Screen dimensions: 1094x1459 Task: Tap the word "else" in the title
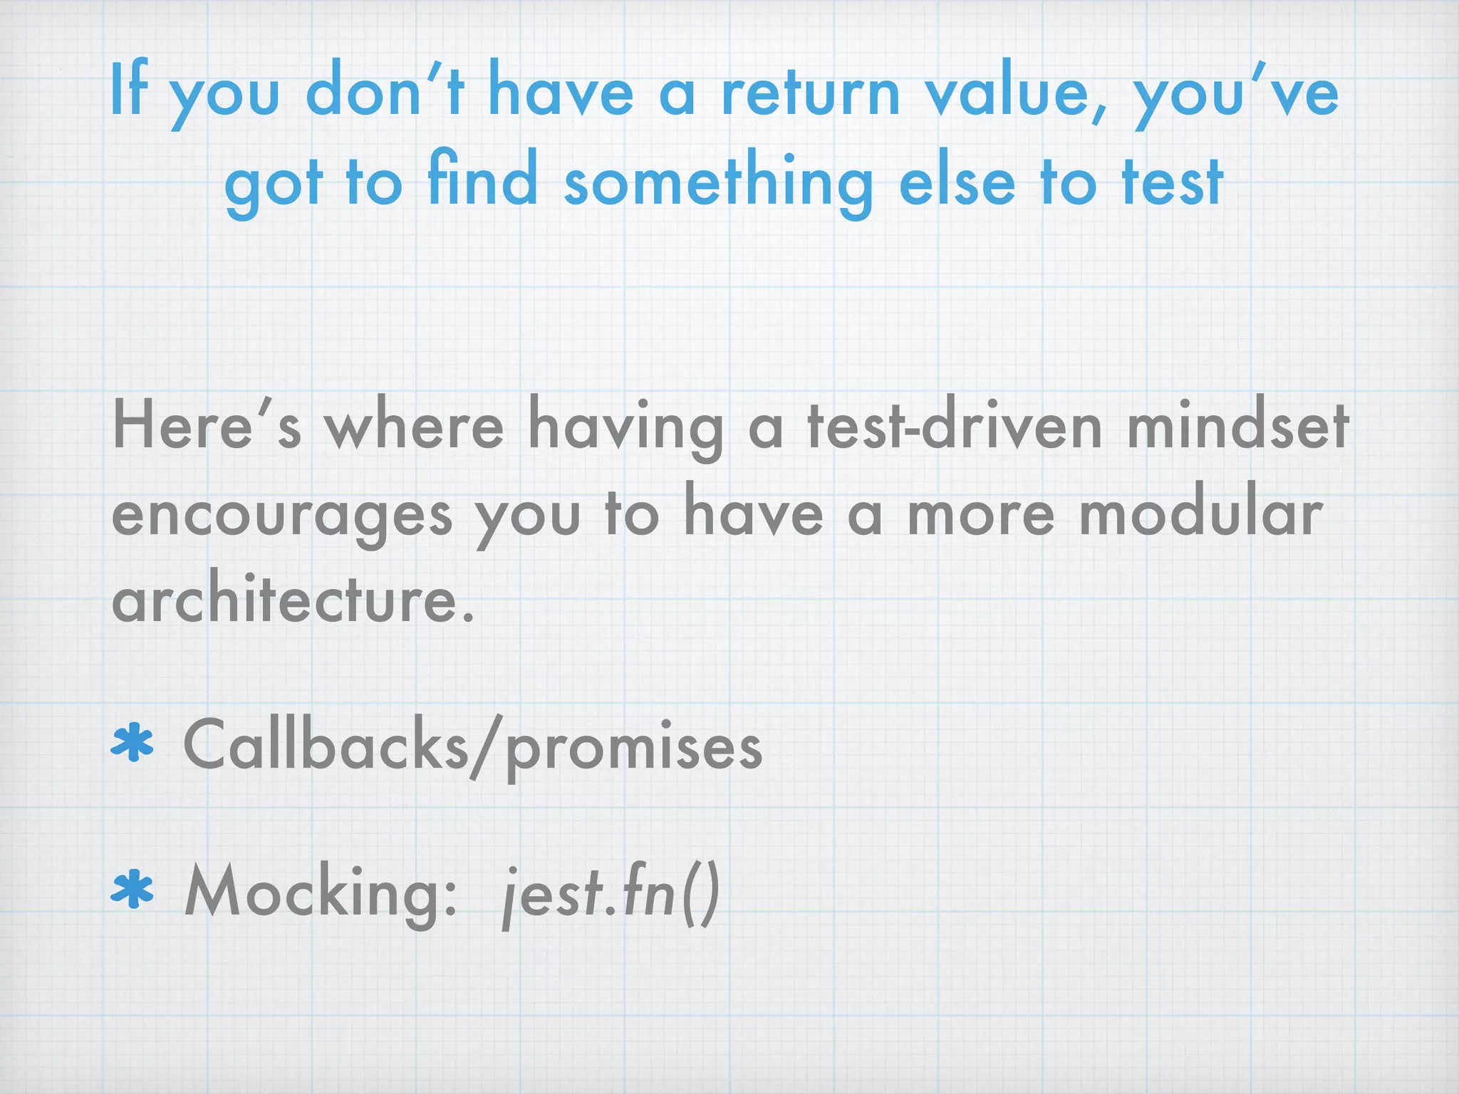956,182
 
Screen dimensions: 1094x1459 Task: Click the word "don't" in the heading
385,92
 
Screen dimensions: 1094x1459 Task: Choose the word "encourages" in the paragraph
282,517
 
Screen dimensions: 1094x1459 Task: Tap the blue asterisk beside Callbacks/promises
133,745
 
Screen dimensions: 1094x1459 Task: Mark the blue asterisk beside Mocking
133,892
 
